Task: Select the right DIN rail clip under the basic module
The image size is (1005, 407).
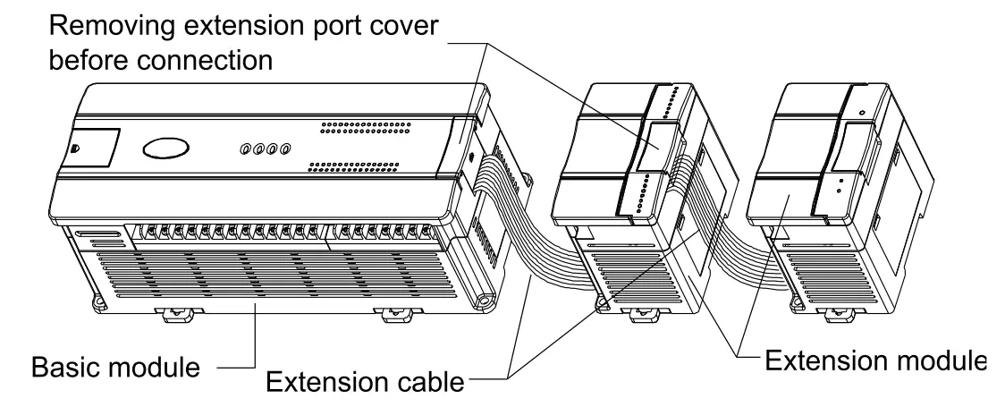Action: [x=391, y=315]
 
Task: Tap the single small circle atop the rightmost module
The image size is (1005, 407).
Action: [x=861, y=114]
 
